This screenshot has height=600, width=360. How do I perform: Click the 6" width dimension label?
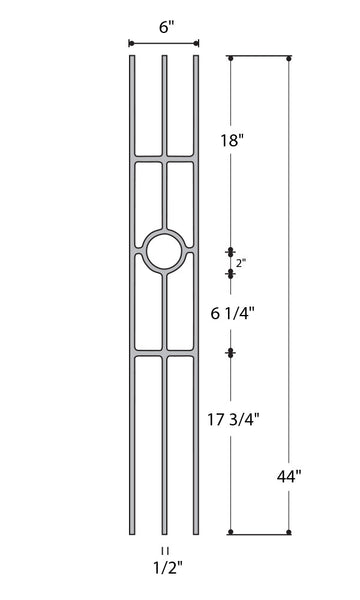[x=163, y=28]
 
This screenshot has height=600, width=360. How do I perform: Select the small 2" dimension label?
[x=242, y=263]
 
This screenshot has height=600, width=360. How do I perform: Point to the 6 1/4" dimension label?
[x=231, y=312]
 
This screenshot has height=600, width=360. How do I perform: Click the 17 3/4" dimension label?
[x=236, y=409]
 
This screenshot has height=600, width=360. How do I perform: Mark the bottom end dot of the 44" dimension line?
[x=290, y=532]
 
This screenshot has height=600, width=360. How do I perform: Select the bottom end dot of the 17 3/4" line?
[x=231, y=532]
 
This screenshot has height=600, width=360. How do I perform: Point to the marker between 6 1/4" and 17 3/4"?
[x=231, y=352]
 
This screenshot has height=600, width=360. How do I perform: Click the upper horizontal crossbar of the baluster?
[x=164, y=158]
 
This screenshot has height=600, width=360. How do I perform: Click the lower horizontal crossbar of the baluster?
[x=164, y=352]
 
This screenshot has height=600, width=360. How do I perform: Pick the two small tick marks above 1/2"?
[x=164, y=551]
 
